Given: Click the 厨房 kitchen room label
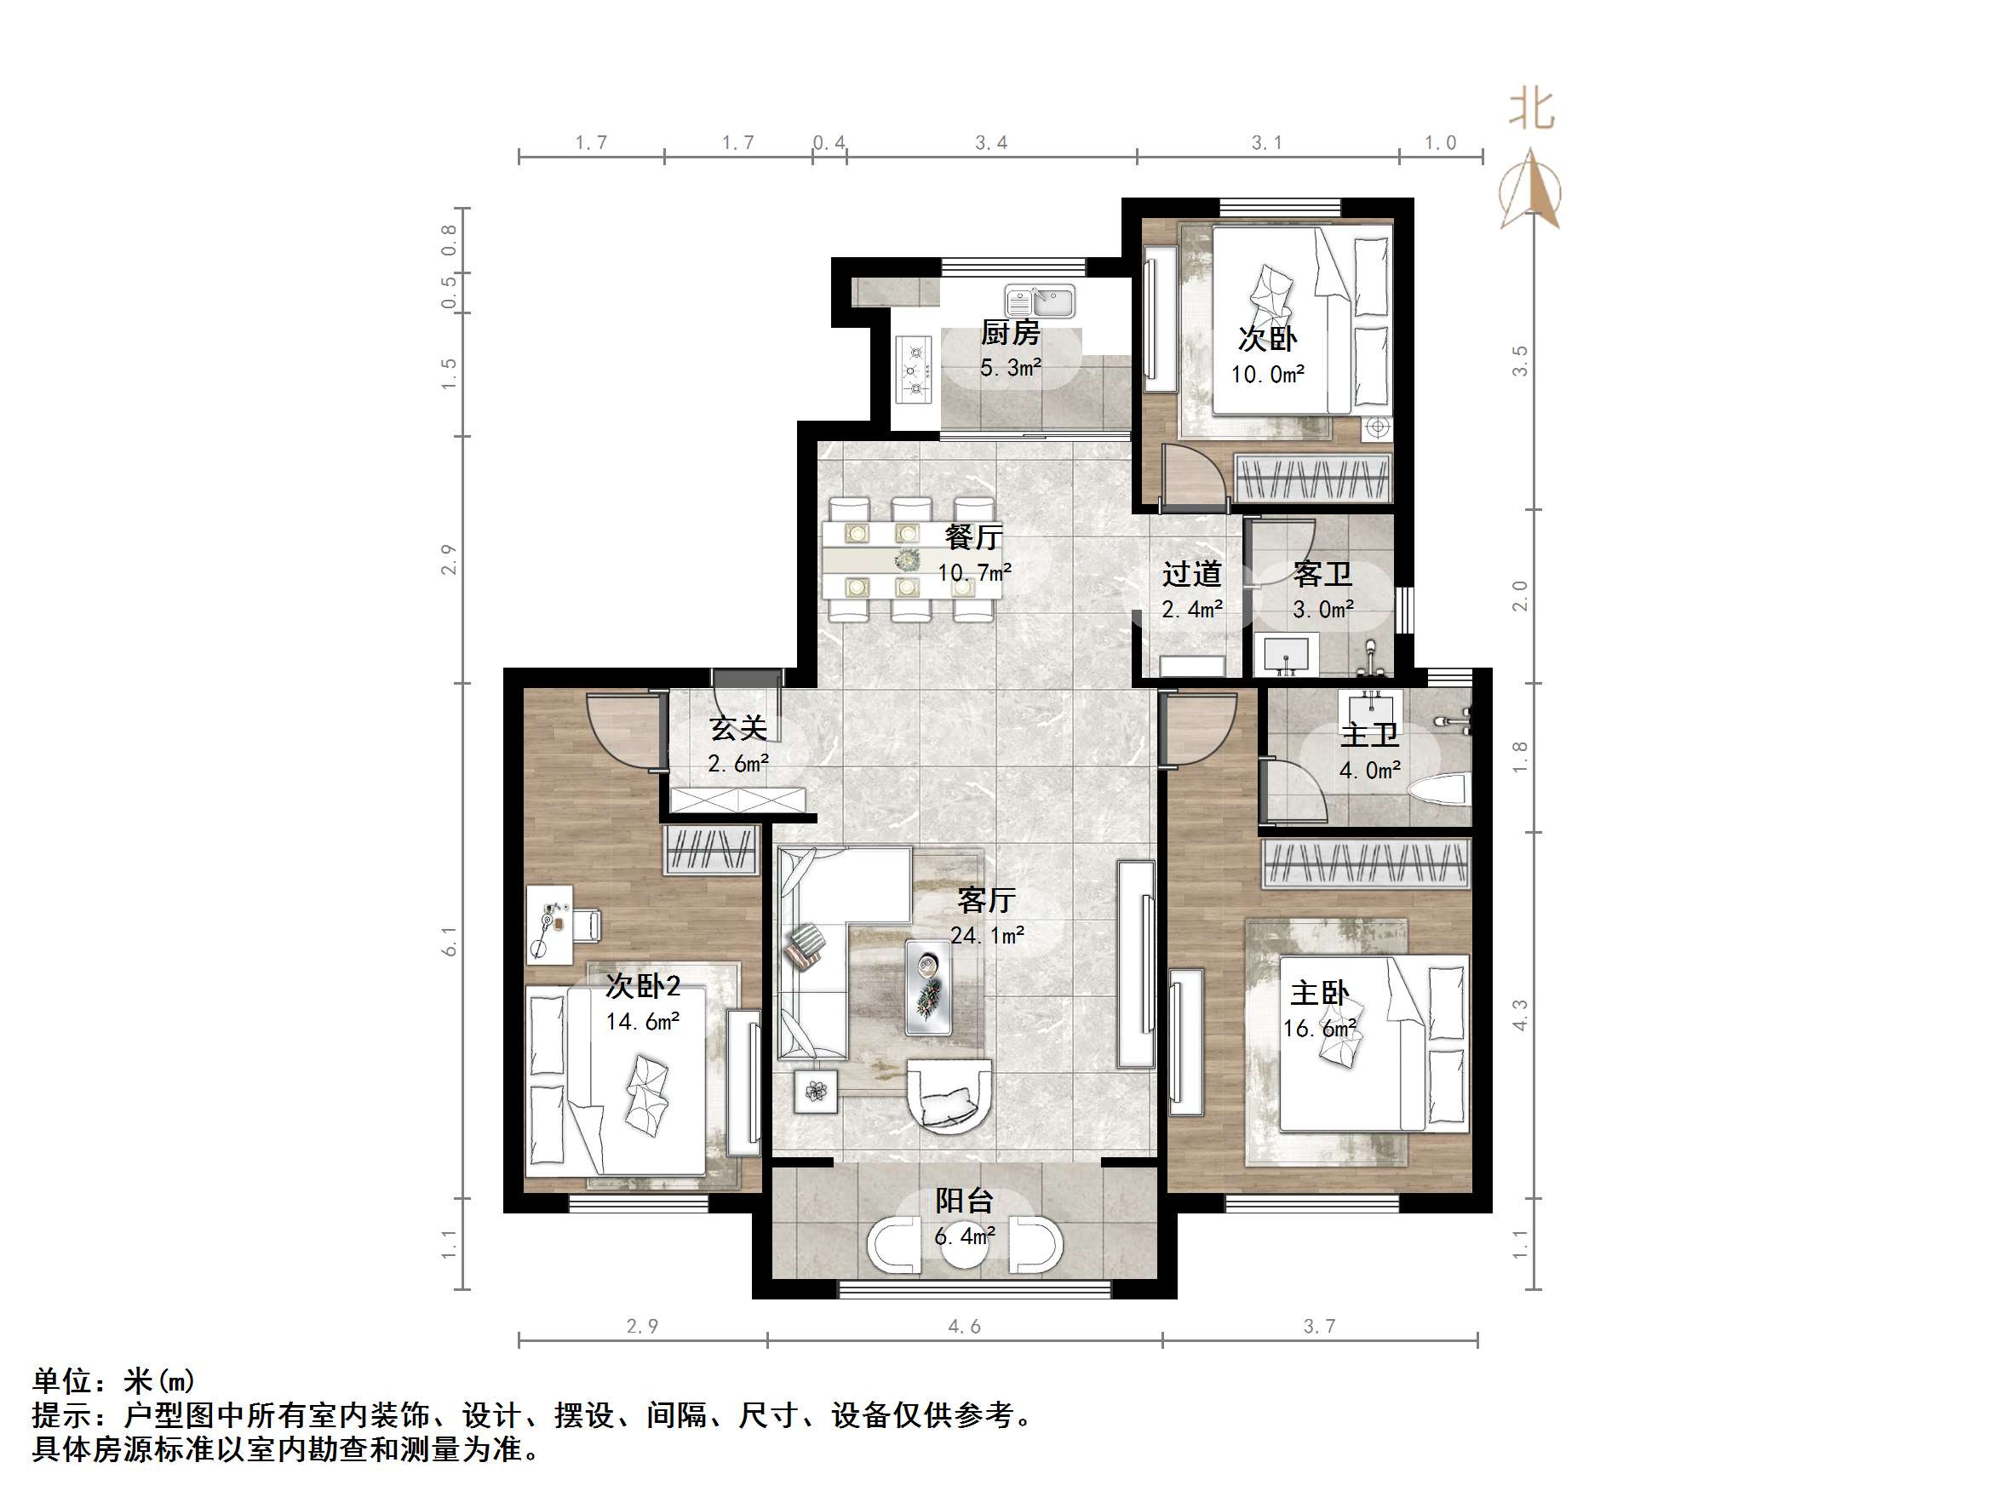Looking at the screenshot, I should pyautogui.click(x=1010, y=333).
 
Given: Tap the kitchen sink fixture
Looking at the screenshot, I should pyautogui.click(x=1041, y=301).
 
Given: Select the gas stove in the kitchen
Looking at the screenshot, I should pyautogui.click(x=913, y=369).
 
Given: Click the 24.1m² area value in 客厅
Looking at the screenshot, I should pyautogui.click(x=986, y=935).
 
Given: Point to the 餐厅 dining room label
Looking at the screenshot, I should pyautogui.click(x=972, y=538).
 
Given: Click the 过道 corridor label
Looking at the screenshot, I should pyautogui.click(x=1191, y=574).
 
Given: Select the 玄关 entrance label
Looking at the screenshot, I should pyautogui.click(x=737, y=728).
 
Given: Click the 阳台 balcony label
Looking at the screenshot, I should pyautogui.click(x=964, y=1201).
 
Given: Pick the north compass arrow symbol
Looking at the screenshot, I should pyautogui.click(x=1530, y=190).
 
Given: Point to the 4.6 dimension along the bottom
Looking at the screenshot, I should pyautogui.click(x=964, y=1327).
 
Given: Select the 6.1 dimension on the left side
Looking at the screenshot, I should pyautogui.click(x=450, y=941).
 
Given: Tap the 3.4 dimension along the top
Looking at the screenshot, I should pyautogui.click(x=991, y=142).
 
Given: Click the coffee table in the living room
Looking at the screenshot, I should pyautogui.click(x=928, y=987).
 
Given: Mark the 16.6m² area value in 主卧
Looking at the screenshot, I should pyautogui.click(x=1319, y=1029).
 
